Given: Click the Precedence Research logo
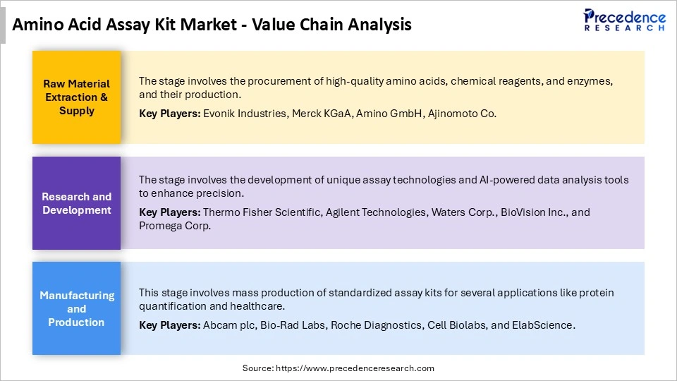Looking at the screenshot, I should (x=624, y=20).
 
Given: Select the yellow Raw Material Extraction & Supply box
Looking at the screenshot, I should (x=76, y=97).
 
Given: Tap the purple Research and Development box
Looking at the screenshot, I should (x=76, y=203).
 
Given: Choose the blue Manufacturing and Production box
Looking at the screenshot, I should (x=76, y=308).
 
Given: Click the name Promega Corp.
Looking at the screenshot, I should (x=175, y=226).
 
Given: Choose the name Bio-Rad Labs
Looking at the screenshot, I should (x=291, y=325).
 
